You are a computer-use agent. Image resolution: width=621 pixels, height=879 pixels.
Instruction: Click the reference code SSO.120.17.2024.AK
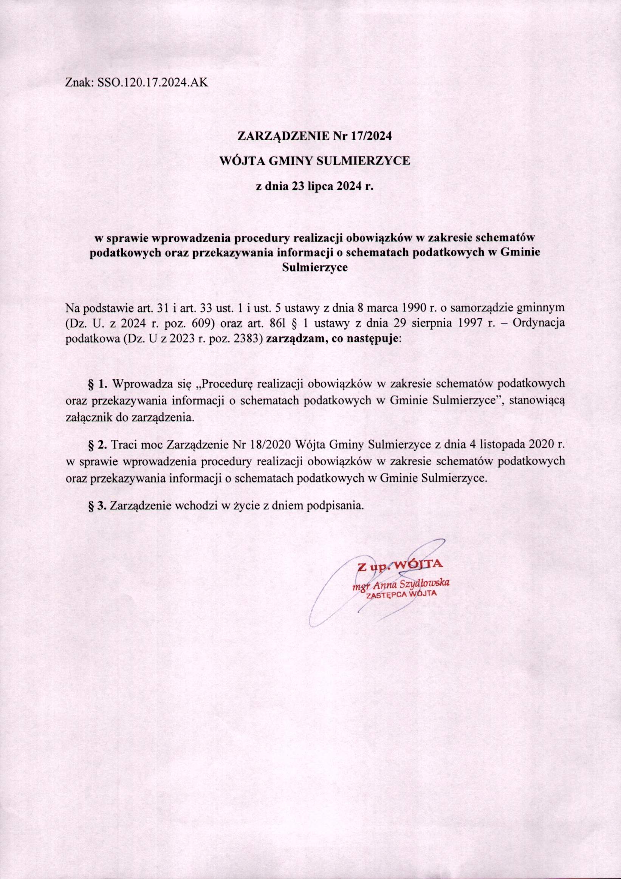click(x=152, y=83)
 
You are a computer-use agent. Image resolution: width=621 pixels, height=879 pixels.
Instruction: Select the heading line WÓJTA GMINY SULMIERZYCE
click(x=314, y=161)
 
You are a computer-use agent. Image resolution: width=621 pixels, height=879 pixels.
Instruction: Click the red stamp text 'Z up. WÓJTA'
click(x=400, y=566)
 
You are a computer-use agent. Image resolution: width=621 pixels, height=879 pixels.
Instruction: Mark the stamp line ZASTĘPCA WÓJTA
click(x=401, y=594)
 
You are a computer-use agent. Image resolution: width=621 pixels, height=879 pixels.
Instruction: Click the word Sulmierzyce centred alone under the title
click(x=314, y=268)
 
